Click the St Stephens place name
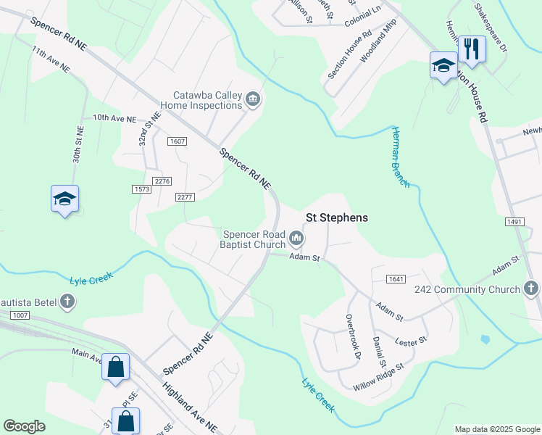coord(336,217)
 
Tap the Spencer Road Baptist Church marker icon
coord(296,238)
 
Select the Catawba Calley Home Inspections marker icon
coord(253,99)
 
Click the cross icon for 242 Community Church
coord(531,289)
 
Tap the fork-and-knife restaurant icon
coord(472,49)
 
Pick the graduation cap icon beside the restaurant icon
coord(443,66)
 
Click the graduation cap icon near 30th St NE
coord(64,199)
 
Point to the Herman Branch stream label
coord(401,157)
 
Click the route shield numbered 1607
coord(177,141)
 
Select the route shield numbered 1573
coord(141,189)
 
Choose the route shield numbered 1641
coord(396,279)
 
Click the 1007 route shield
coord(20,315)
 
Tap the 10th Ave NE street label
coord(114,118)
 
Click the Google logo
coord(25,426)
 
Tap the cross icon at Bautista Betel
coord(67,301)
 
